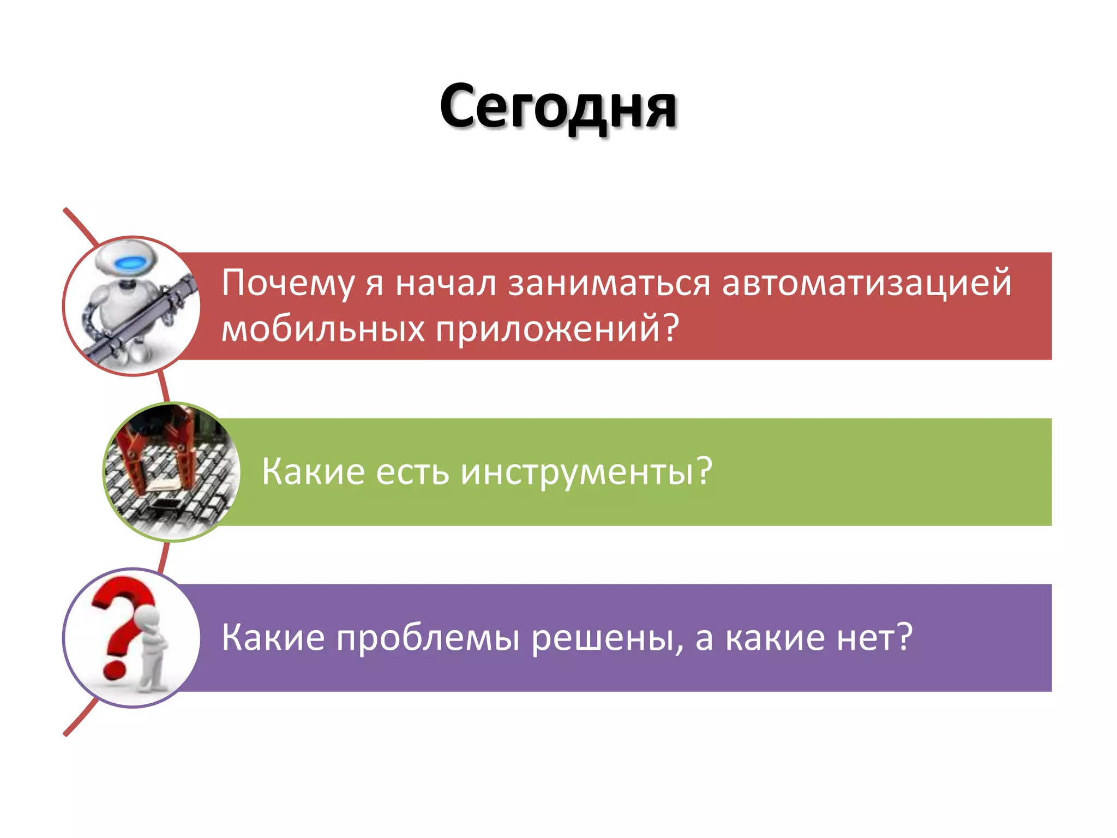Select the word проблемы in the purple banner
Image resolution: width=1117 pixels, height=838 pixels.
click(x=428, y=638)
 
